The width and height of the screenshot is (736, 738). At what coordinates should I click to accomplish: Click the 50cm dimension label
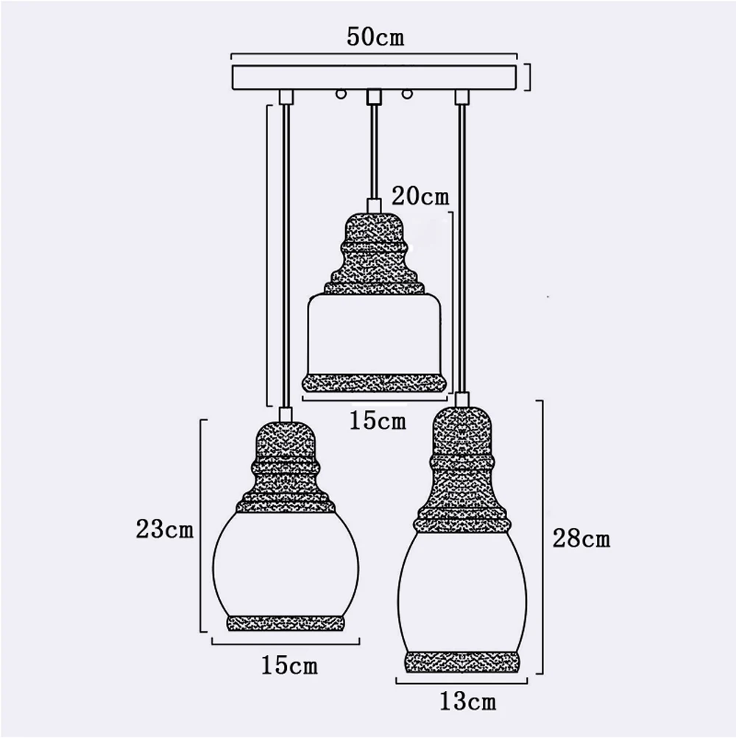(375, 38)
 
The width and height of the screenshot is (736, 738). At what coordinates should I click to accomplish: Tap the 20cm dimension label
(420, 195)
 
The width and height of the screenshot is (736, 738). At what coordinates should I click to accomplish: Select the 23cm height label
(165, 529)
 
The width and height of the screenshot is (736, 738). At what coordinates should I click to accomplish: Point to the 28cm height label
(581, 538)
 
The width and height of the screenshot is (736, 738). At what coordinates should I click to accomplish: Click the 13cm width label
(467, 701)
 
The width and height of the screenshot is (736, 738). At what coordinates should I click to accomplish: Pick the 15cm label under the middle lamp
(377, 420)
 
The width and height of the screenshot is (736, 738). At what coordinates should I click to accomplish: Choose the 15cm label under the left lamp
(289, 665)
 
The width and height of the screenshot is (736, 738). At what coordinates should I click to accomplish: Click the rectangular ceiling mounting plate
(375, 78)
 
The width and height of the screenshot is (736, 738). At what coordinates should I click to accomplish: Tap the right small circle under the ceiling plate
(406, 94)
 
